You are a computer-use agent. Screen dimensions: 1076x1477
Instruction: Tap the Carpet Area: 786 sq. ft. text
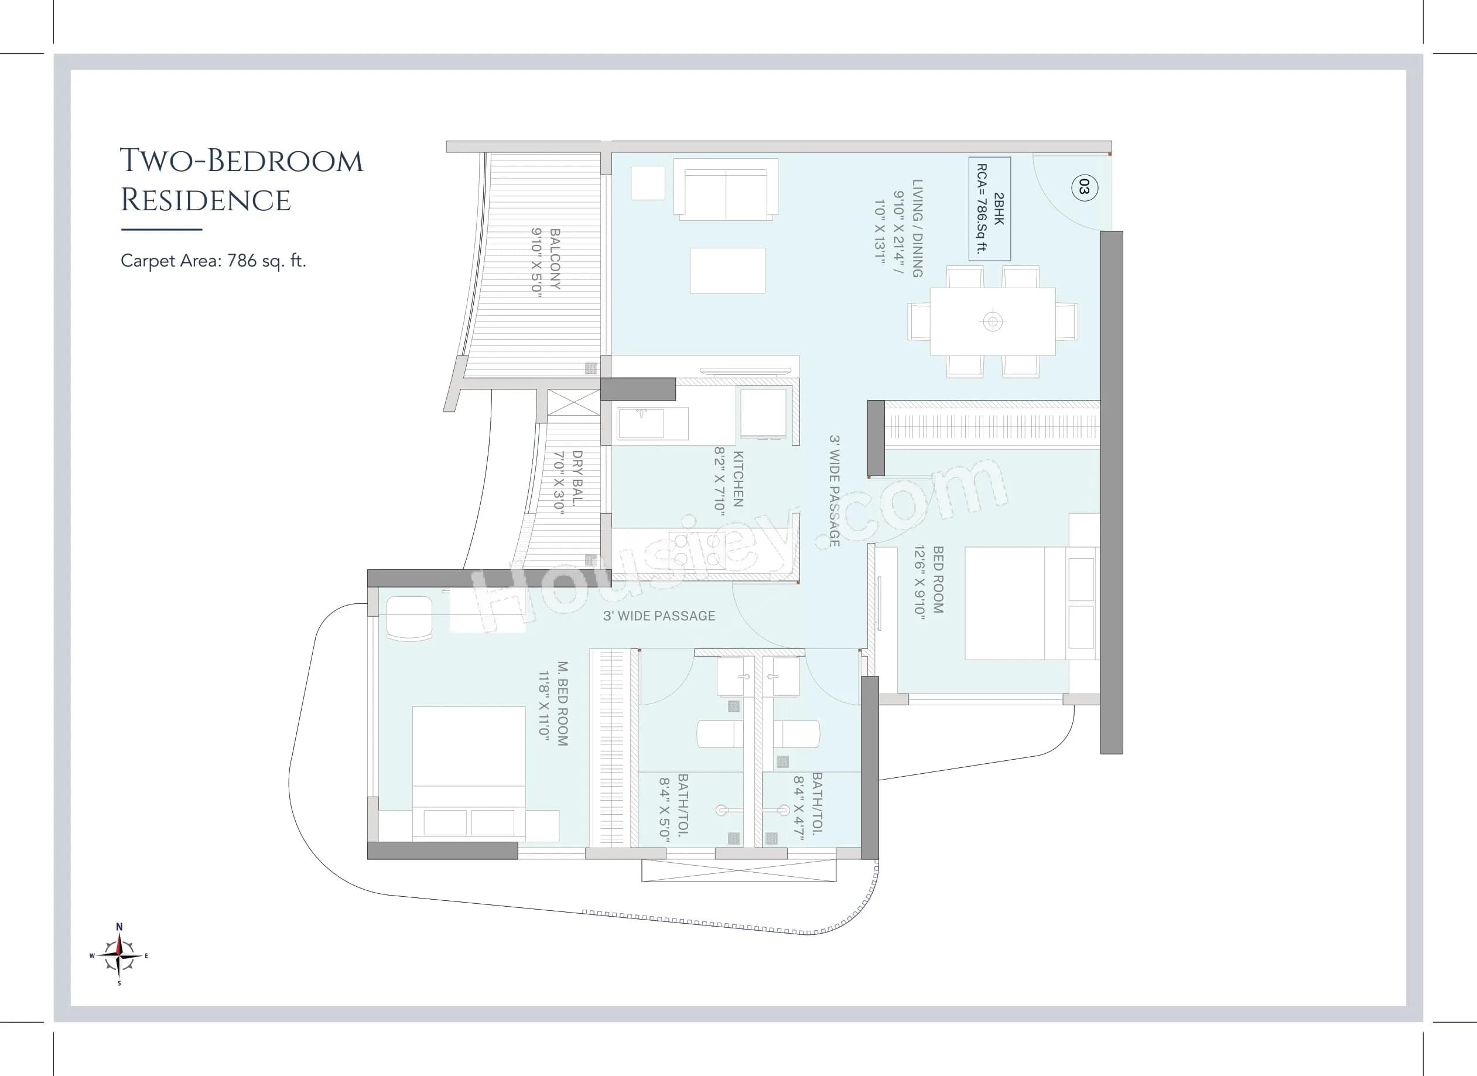click(213, 261)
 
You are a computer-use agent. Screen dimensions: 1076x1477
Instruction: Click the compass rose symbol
click(119, 955)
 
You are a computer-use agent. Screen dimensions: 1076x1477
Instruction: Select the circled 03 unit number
click(1083, 187)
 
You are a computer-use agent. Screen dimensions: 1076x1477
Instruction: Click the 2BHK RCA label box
click(989, 209)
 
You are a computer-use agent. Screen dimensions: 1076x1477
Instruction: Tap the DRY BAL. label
click(568, 483)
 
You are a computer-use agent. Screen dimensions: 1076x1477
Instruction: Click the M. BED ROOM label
click(553, 703)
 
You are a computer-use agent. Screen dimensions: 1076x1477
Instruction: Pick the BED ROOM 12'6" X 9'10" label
click(929, 580)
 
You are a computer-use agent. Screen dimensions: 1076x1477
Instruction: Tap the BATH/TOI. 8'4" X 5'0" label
click(674, 807)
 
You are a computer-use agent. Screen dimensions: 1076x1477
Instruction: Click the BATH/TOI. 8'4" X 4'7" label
click(808, 805)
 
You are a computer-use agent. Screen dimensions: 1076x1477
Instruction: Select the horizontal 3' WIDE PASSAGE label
click(659, 616)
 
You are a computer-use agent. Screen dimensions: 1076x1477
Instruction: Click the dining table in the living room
click(992, 321)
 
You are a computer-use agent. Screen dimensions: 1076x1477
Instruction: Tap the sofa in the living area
click(726, 190)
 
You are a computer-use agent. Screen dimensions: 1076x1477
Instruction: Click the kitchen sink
click(641, 423)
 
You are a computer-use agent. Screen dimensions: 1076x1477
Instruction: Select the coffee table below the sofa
click(727, 270)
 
